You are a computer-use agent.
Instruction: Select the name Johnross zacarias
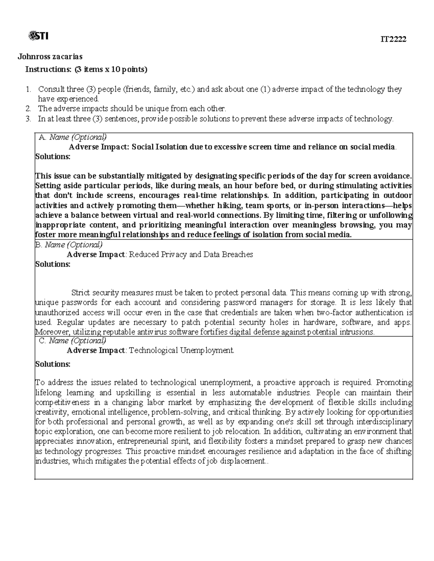click(x=50, y=56)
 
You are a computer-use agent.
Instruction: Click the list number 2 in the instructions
click(x=29, y=108)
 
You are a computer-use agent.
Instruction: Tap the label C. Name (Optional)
click(x=72, y=340)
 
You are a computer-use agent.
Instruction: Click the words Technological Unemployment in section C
click(x=181, y=350)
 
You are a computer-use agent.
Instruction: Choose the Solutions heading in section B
click(x=53, y=264)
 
